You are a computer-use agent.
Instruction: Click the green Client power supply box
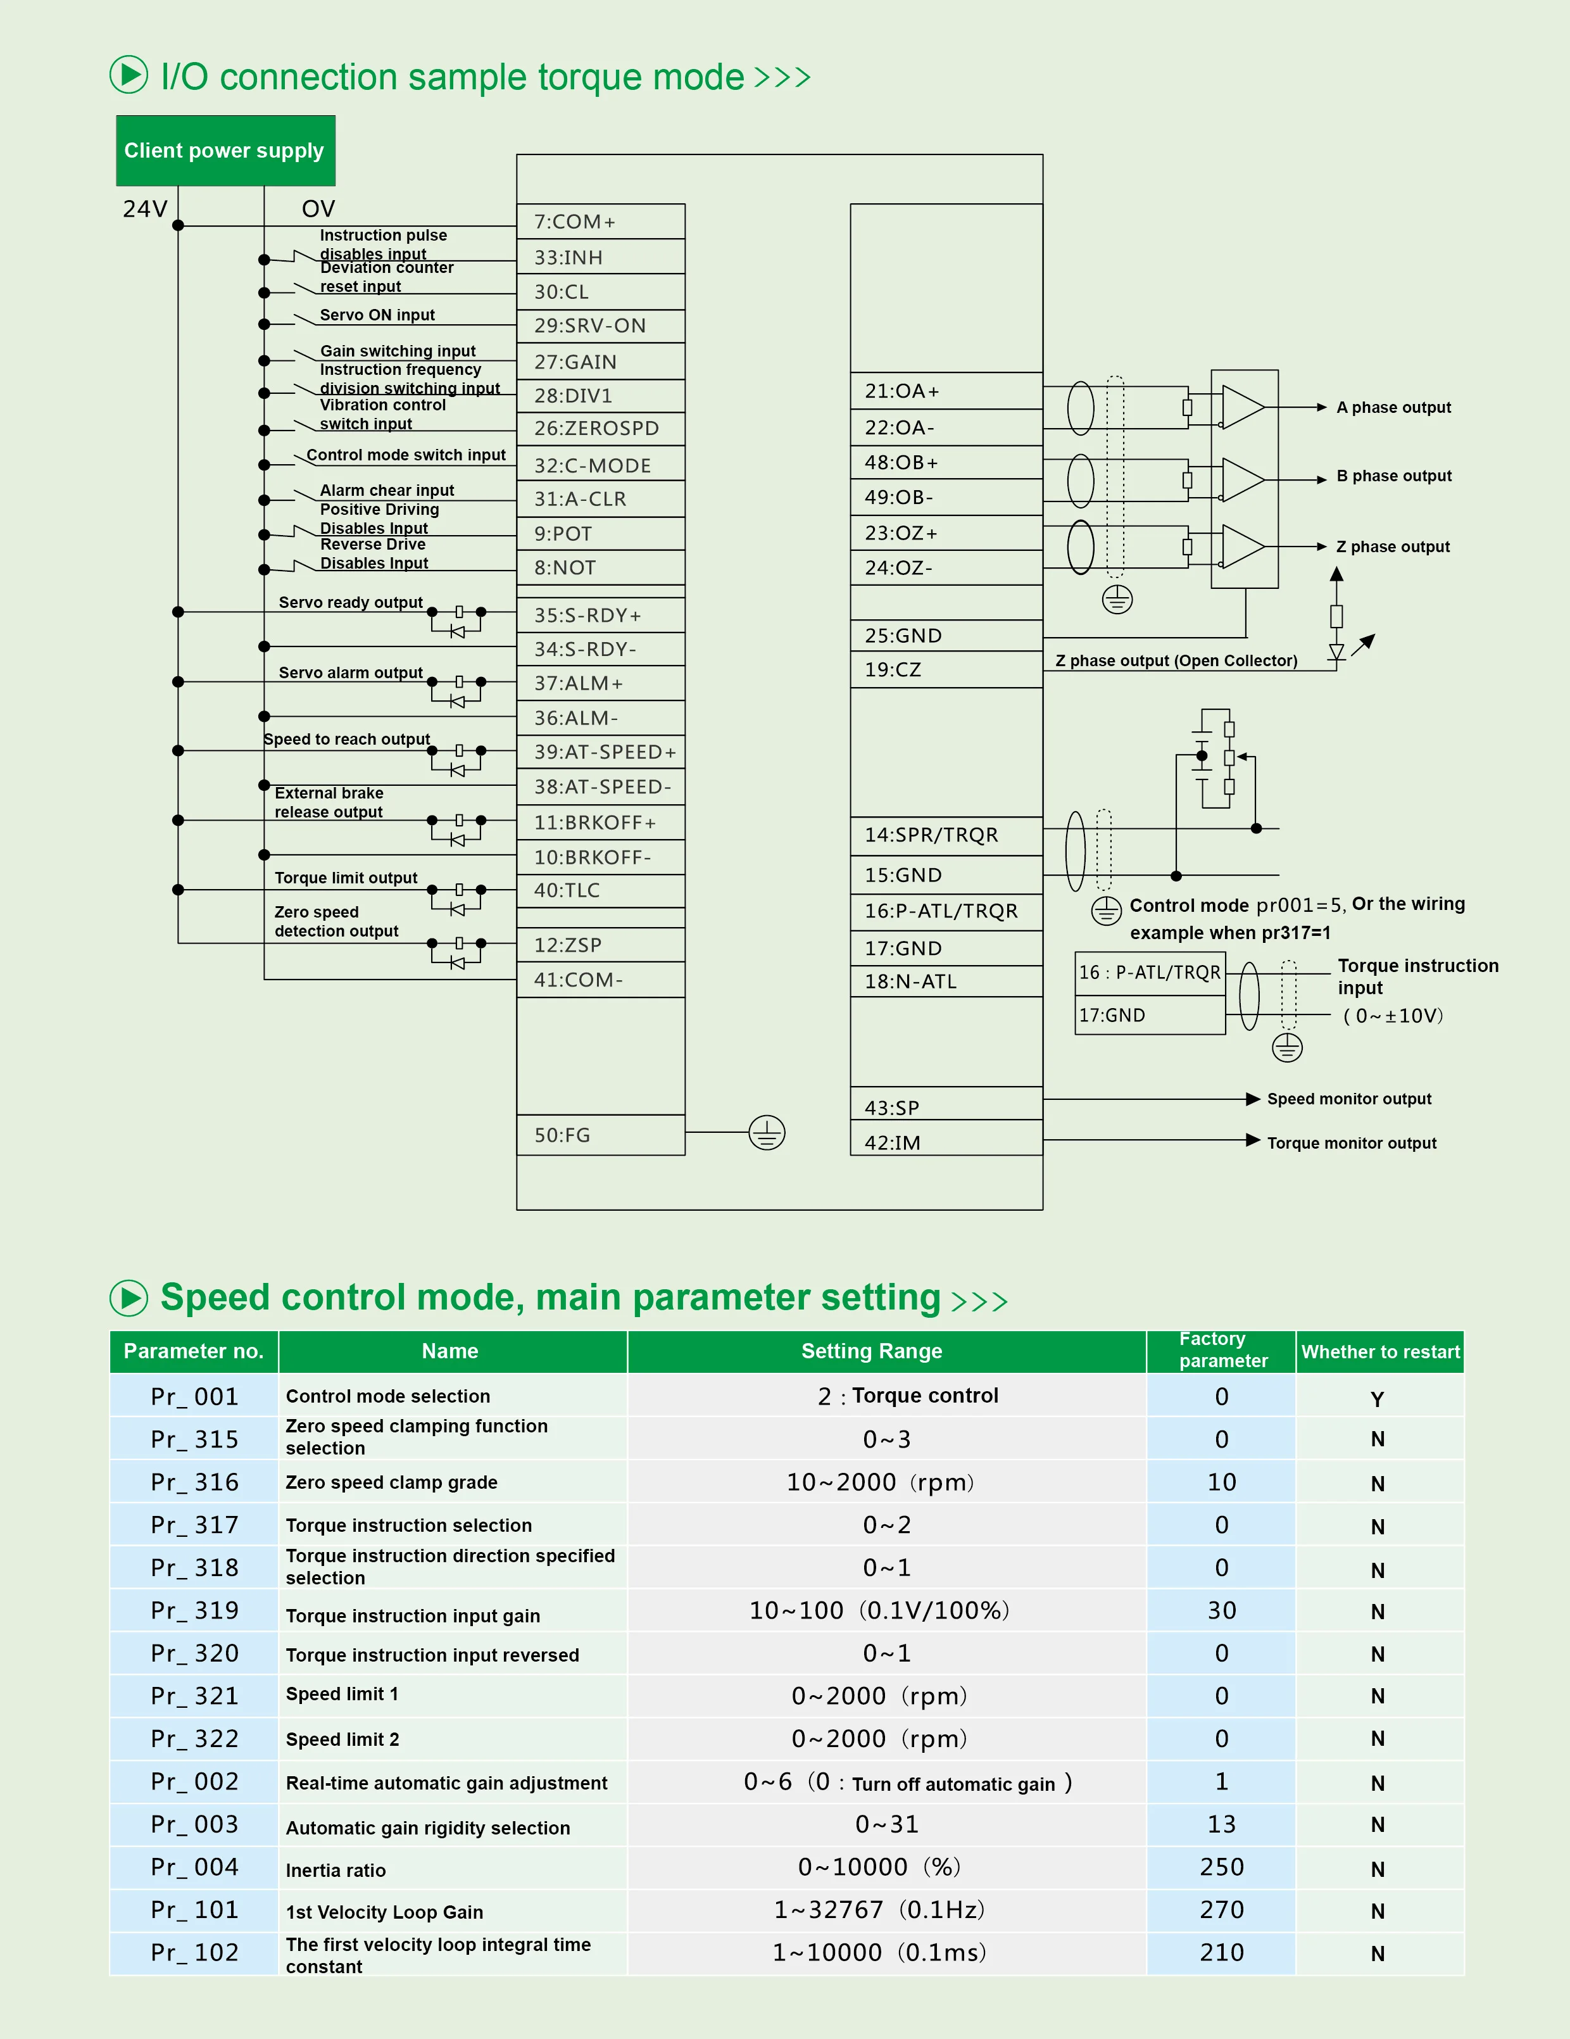pyautogui.click(x=225, y=150)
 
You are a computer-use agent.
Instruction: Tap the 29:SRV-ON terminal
pyautogui.click(x=600, y=326)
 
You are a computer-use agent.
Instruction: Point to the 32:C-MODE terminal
pyautogui.click(x=600, y=465)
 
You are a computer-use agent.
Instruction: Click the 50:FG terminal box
pyautogui.click(x=600, y=1134)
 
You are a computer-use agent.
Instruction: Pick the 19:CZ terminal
pyautogui.click(x=946, y=669)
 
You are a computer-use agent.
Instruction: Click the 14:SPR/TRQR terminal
pyautogui.click(x=946, y=835)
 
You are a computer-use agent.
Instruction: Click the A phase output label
pyautogui.click(x=1393, y=407)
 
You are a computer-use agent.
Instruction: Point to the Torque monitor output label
pyautogui.click(x=1351, y=1143)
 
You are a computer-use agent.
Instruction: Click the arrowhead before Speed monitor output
pyautogui.click(x=1253, y=1099)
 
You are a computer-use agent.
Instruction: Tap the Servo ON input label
pyautogui.click(x=377, y=315)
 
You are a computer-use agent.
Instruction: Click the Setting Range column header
pyautogui.click(x=871, y=1351)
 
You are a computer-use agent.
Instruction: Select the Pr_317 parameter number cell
pyautogui.click(x=194, y=1525)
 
